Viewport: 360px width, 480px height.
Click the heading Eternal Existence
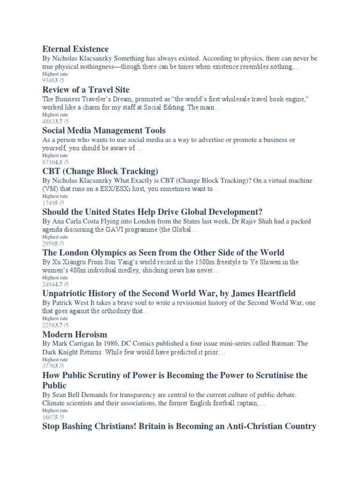click(x=75, y=49)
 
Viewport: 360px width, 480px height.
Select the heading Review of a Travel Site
click(x=86, y=90)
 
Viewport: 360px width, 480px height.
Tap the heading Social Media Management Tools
click(x=104, y=130)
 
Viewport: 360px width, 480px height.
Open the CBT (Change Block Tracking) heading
click(x=100, y=171)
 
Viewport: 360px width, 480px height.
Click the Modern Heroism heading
click(x=75, y=335)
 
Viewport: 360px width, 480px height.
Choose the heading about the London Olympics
click(x=163, y=253)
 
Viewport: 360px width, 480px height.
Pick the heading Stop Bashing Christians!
click(x=179, y=426)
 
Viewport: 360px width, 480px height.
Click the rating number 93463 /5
click(x=55, y=81)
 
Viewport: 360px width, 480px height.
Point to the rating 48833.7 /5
click(x=55, y=121)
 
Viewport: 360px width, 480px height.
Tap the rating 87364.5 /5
click(x=55, y=162)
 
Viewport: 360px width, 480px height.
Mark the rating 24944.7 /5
click(x=55, y=285)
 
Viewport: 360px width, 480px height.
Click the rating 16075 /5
click(x=53, y=417)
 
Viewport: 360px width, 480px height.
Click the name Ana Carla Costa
click(x=76, y=221)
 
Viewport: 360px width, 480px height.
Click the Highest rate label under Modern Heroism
click(x=55, y=359)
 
